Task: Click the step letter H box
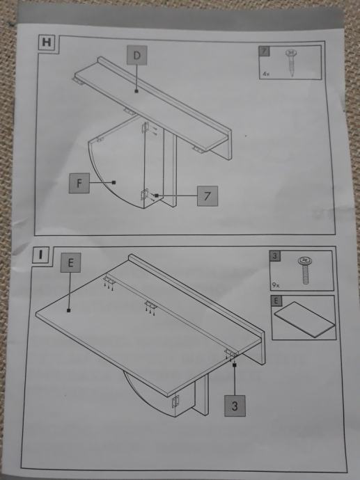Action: pos(47,42)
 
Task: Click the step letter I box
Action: pos(40,255)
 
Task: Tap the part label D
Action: pos(137,56)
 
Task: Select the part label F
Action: pos(79,183)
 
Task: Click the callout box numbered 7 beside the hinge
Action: pos(208,195)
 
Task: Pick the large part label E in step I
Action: pos(70,263)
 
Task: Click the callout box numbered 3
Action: pos(235,406)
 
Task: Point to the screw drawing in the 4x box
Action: pos(290,63)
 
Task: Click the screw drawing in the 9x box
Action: pos(305,270)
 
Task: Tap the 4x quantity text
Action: pos(266,74)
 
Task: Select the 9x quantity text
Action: pos(276,285)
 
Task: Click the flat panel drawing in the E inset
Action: pos(304,319)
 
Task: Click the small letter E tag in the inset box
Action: pos(276,301)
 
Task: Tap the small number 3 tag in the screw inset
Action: pos(275,256)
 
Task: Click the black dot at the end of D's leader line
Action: pos(136,91)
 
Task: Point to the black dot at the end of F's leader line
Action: pos(114,182)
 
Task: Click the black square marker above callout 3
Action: pos(235,365)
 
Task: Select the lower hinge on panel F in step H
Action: pos(144,194)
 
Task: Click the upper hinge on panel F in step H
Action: pos(146,127)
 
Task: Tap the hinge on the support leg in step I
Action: pos(175,401)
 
